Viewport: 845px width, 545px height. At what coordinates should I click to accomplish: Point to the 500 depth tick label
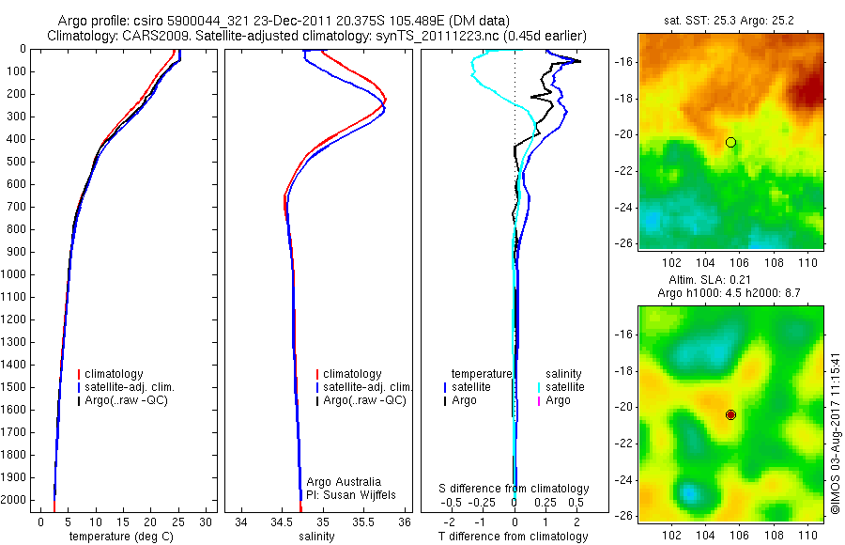16,162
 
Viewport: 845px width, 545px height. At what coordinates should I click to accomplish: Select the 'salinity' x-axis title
316,537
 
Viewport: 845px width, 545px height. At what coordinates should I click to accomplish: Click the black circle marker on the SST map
730,142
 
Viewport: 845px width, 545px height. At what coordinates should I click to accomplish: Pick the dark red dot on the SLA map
730,414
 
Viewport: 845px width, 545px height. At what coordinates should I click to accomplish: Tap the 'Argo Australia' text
344,481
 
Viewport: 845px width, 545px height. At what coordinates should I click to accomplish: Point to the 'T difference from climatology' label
514,537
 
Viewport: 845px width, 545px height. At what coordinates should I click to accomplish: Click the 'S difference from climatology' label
514,489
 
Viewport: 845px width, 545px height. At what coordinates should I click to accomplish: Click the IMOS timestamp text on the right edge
836,432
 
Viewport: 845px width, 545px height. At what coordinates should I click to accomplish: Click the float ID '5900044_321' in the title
203,20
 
